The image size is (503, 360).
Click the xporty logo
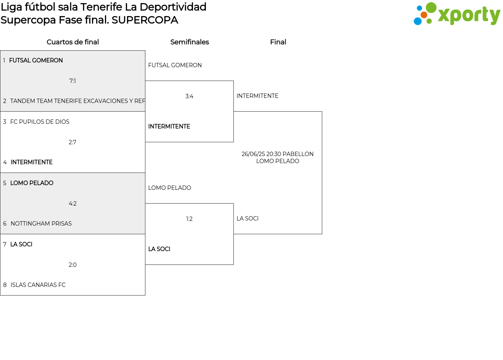click(457, 13)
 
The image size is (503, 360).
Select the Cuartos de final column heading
click(73, 42)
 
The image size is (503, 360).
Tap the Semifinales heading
click(189, 42)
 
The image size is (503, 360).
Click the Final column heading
click(278, 42)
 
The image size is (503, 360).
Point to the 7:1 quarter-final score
click(73, 81)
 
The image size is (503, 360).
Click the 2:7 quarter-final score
click(72, 142)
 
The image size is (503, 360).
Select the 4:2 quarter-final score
click(73, 204)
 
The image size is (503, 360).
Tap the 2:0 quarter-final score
click(73, 265)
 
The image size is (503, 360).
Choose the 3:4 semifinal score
click(189, 96)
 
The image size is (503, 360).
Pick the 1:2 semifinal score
click(189, 219)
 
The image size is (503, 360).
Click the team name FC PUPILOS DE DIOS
click(40, 122)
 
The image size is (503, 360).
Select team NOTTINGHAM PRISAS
click(41, 224)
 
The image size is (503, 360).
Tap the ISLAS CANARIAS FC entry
click(38, 285)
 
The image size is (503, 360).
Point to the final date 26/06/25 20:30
click(261, 154)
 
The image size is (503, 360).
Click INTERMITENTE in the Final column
click(257, 96)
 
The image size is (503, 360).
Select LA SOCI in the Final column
click(248, 219)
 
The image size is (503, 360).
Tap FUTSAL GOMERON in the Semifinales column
click(175, 65)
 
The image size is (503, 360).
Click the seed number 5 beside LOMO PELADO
click(5, 183)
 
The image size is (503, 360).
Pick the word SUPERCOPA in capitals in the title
click(145, 20)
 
